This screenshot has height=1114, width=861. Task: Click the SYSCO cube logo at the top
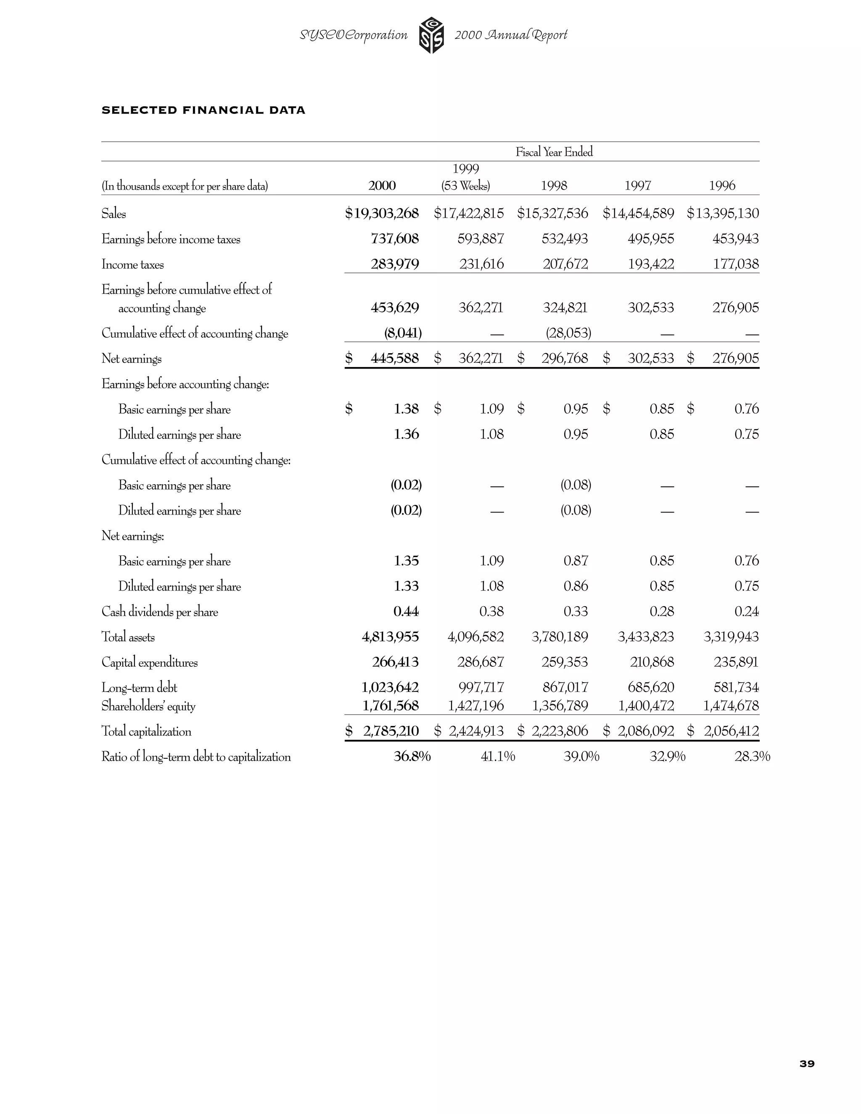[431, 35]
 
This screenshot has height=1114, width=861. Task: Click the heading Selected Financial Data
[203, 110]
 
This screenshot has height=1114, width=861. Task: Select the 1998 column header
[554, 186]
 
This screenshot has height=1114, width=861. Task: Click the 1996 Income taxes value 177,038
[736, 264]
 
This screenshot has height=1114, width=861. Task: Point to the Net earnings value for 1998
[564, 358]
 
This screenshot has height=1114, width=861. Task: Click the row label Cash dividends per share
[160, 612]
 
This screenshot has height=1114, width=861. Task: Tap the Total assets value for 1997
[646, 636]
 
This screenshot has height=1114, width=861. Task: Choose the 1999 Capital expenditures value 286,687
[481, 662]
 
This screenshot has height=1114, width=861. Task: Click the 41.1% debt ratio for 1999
[498, 756]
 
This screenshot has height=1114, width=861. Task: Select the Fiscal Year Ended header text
[554, 152]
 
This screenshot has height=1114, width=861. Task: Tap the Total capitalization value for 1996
[731, 731]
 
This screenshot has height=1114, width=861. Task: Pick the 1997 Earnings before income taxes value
[650, 239]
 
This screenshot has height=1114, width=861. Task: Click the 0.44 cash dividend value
[406, 611]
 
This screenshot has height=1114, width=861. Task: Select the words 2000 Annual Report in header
[510, 35]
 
